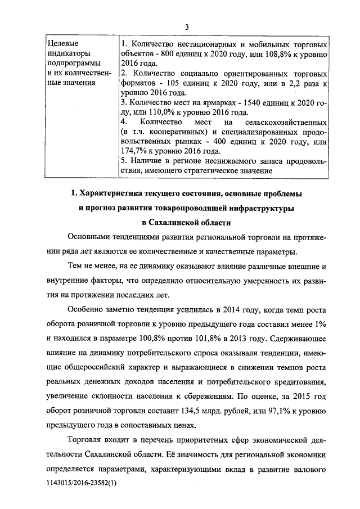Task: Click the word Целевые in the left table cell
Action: coord(61,43)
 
